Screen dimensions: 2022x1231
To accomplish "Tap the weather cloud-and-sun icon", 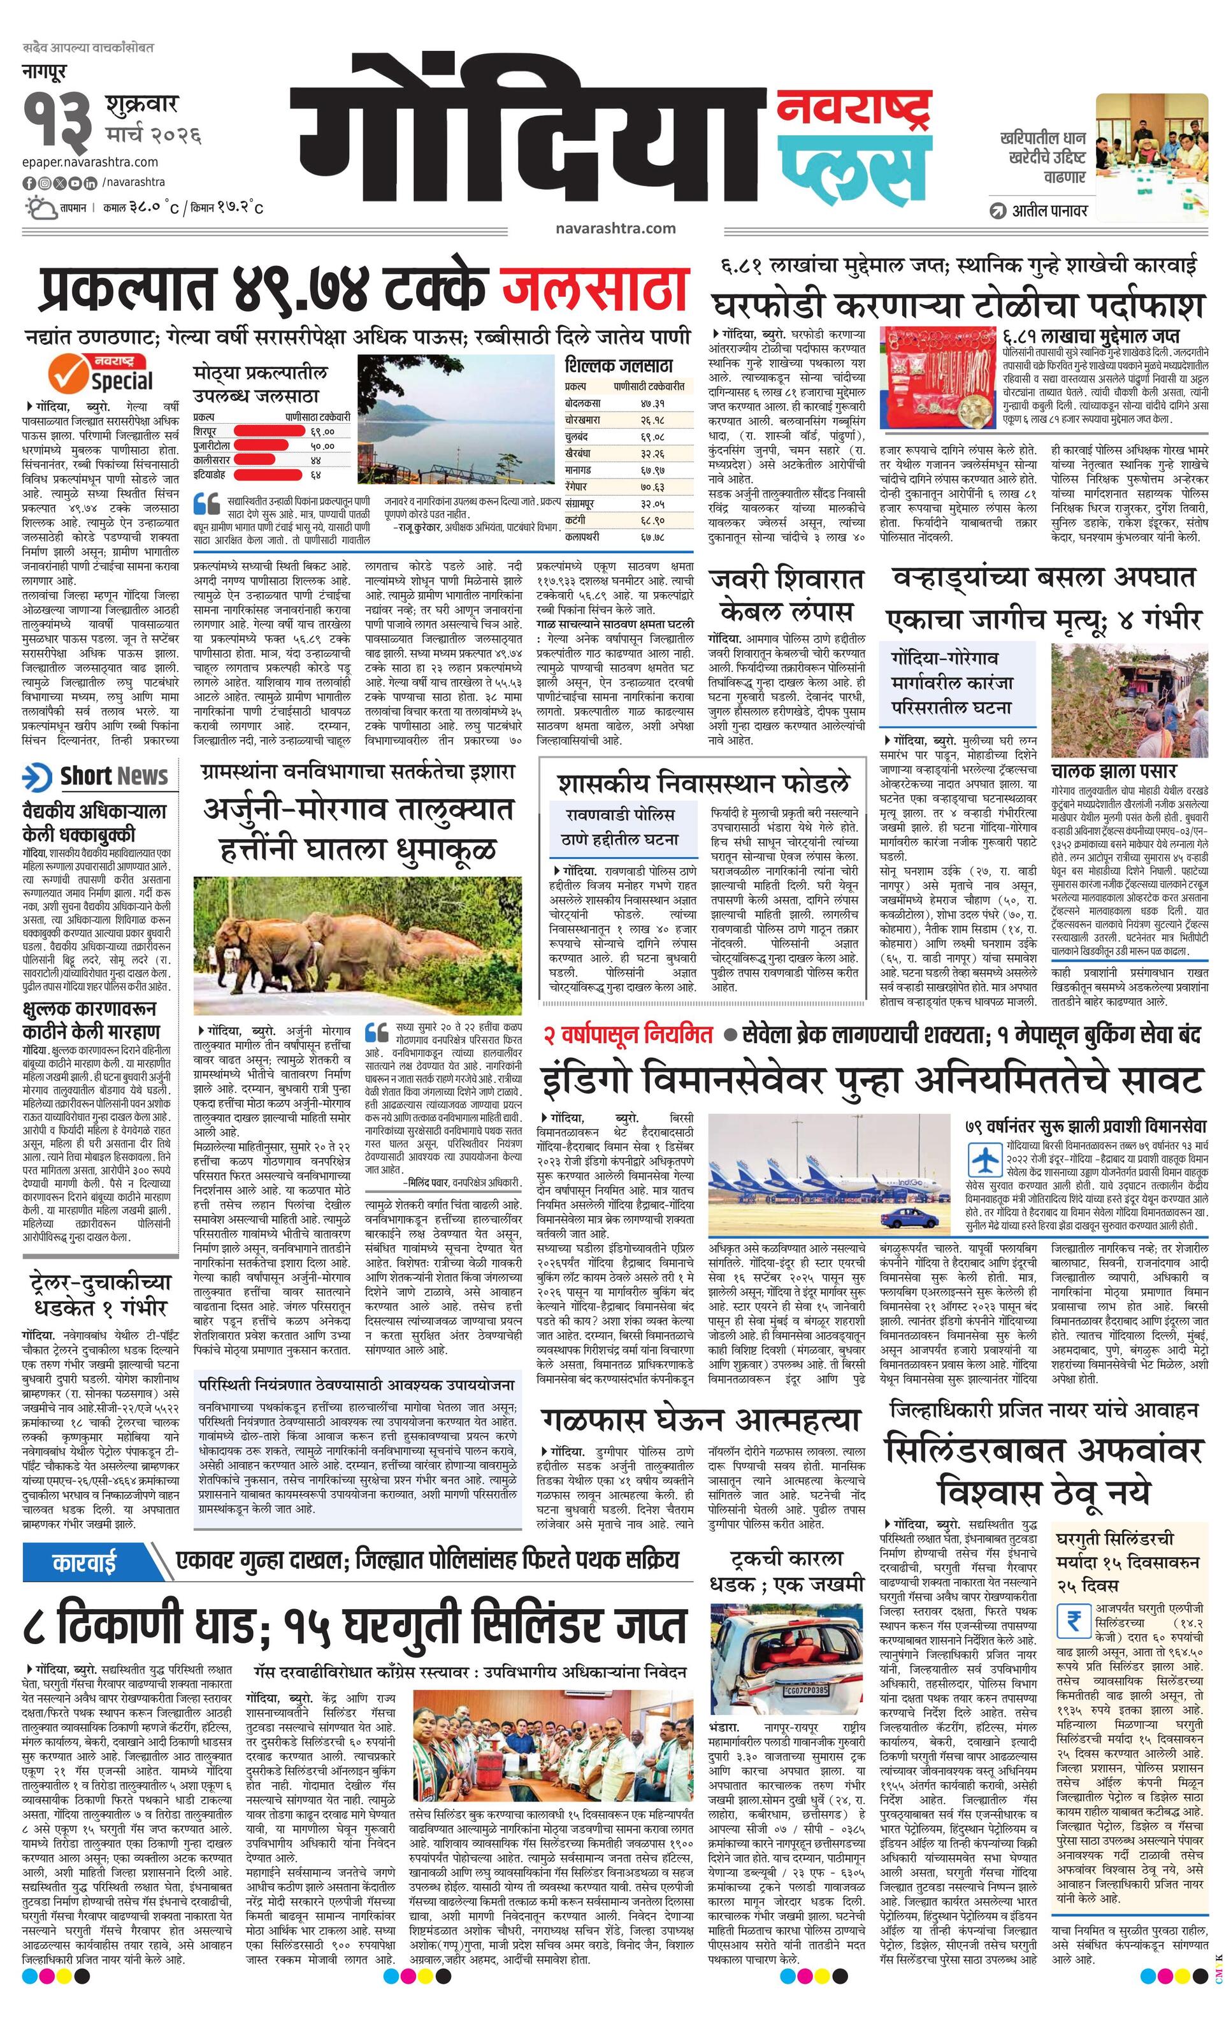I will [39, 207].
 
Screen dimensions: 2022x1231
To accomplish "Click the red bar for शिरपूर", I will [266, 430].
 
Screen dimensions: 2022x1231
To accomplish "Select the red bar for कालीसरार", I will [259, 460].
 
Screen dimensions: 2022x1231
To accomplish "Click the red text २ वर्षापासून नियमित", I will [628, 1036].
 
